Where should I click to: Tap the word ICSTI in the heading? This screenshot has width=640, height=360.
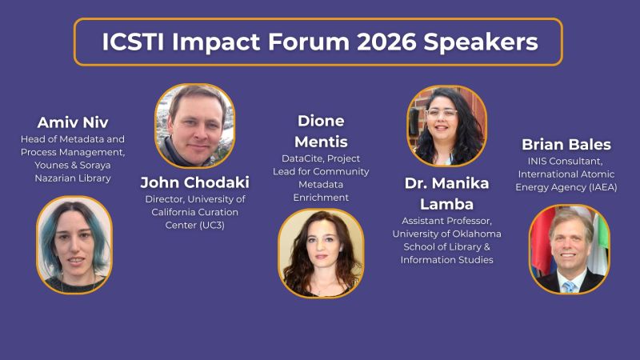pyautogui.click(x=134, y=42)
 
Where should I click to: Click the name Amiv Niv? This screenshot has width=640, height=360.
pyautogui.click(x=73, y=122)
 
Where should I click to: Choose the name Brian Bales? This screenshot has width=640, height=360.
pyautogui.click(x=566, y=144)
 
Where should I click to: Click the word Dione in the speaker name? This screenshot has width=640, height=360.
pyautogui.click(x=320, y=120)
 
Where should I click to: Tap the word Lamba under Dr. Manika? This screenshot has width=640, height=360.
pyautogui.click(x=446, y=203)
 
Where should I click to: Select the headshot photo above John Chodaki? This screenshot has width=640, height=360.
pyautogui.click(x=194, y=126)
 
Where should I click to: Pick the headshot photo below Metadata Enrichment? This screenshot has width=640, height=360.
pyautogui.click(x=320, y=253)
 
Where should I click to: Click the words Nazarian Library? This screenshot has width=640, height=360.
pyautogui.click(x=73, y=178)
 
